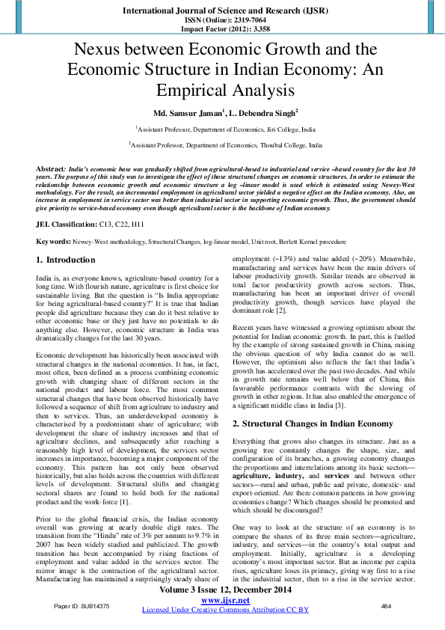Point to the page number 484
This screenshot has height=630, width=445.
click(x=386, y=606)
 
